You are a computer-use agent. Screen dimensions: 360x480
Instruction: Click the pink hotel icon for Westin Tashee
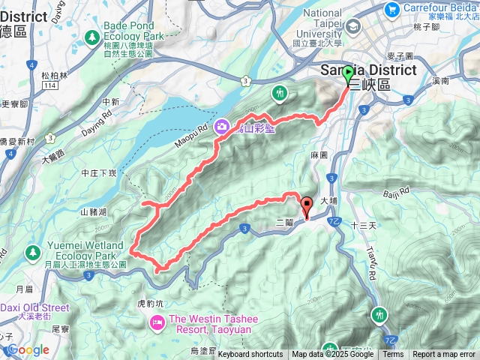157,323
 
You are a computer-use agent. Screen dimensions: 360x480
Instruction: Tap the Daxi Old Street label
34,307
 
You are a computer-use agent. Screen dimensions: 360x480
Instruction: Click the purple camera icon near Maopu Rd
223,127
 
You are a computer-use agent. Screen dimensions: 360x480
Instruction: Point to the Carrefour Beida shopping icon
391,9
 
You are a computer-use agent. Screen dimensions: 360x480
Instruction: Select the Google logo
28,349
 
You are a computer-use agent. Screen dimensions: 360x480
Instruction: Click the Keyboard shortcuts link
250,355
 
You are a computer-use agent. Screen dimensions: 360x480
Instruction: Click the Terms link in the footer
393,355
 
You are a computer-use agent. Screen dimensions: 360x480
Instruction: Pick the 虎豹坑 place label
150,304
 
